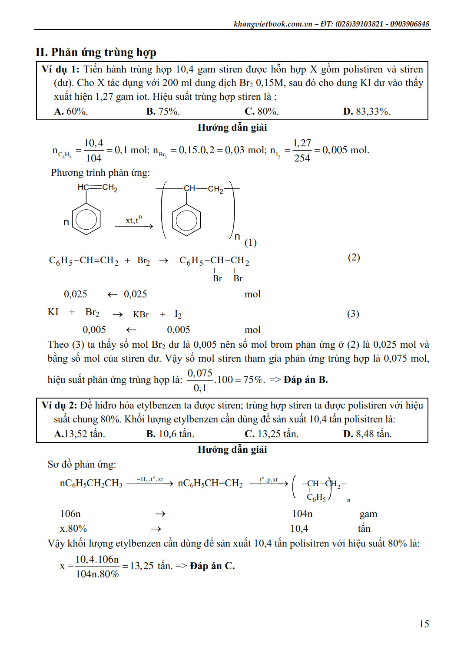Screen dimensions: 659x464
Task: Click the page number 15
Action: click(424, 624)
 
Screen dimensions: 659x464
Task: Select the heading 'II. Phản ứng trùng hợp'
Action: click(96, 53)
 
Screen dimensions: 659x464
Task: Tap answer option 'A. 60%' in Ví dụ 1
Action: click(71, 112)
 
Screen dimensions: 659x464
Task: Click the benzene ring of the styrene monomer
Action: click(86, 220)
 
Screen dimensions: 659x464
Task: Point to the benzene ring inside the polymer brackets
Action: click(186, 220)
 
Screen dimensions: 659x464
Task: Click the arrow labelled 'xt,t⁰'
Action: click(134, 226)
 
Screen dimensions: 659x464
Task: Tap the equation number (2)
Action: click(354, 257)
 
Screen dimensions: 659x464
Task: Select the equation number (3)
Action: click(353, 314)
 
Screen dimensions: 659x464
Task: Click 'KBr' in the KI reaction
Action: click(141, 315)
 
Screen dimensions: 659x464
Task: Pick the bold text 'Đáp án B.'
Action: click(305, 380)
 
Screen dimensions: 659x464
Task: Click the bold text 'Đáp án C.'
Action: click(212, 566)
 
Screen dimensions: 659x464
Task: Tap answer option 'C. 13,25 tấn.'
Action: click(271, 434)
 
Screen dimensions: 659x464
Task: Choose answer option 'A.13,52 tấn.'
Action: click(79, 434)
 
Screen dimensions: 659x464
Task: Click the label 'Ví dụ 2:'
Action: click(59, 405)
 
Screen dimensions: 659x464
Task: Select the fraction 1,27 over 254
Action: click(302, 151)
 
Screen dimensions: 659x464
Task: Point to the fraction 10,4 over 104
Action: click(93, 151)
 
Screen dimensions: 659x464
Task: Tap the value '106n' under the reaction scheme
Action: click(70, 514)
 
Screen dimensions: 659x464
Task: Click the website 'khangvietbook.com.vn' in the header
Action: click(273, 24)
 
